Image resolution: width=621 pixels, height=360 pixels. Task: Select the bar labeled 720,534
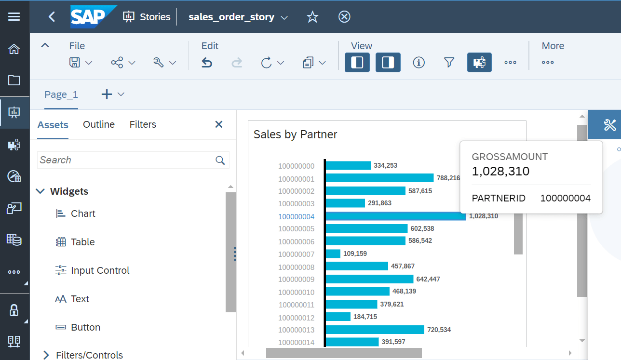375,330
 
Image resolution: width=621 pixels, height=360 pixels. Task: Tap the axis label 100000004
296,216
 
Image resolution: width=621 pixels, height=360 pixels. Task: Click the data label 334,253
385,165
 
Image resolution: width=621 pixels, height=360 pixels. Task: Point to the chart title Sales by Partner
295,134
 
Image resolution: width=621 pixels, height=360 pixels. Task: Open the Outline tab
99,124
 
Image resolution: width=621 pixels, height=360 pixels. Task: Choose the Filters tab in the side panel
143,124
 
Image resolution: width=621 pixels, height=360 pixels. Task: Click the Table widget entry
82,242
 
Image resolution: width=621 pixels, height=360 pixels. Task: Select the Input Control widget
100,270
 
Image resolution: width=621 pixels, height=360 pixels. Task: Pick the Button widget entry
85,327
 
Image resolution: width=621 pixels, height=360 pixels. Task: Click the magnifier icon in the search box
220,160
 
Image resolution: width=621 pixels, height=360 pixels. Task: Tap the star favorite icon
312,17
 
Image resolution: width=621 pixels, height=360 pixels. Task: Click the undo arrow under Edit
207,63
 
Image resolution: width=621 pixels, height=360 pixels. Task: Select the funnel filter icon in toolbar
449,63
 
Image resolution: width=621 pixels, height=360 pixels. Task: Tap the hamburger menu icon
14,17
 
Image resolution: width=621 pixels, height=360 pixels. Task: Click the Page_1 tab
61,94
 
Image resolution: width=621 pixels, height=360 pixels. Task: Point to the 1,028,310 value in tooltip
500,171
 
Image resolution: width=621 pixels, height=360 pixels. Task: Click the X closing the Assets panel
218,124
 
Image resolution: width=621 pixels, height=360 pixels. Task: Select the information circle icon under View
418,63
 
